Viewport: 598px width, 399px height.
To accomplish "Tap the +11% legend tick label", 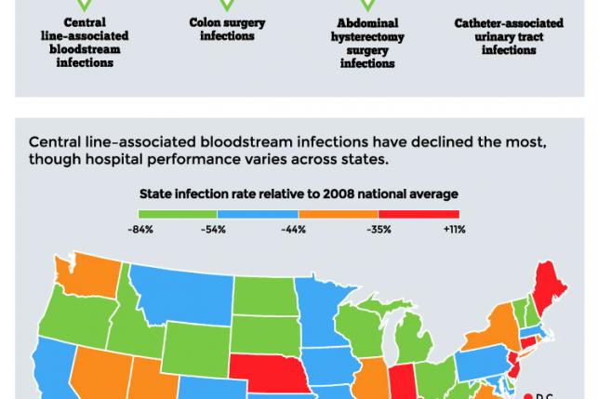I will coord(453,228).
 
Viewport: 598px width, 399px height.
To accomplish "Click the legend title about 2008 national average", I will coord(299,193).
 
